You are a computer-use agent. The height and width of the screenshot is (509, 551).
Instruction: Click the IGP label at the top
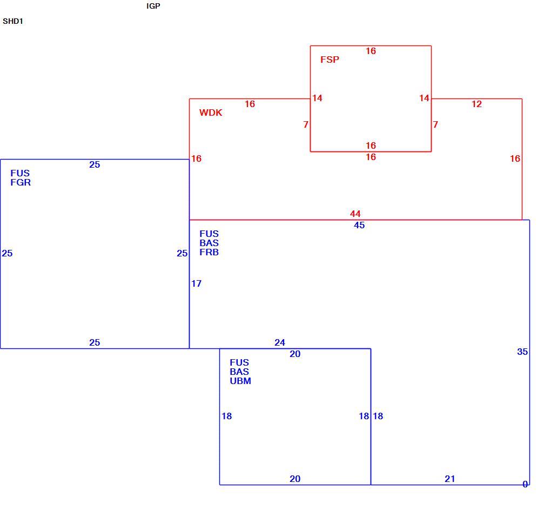click(x=153, y=6)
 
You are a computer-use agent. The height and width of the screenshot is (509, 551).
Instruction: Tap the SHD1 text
click(x=13, y=21)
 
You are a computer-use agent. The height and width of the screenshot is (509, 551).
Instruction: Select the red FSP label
click(x=330, y=60)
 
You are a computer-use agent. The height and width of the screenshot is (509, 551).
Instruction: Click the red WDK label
click(x=211, y=113)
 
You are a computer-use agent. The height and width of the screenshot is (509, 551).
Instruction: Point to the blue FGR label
click(x=21, y=182)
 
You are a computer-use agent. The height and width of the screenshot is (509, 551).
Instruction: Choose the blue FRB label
click(x=209, y=252)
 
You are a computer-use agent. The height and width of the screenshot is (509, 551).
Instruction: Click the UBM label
click(x=240, y=381)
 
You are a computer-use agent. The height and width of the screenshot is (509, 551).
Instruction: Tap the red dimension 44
click(x=355, y=214)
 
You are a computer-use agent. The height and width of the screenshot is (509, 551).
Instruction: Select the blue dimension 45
click(x=359, y=225)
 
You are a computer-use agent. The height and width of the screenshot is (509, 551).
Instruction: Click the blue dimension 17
click(x=197, y=283)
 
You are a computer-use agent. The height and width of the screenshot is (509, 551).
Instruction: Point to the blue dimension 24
click(x=280, y=342)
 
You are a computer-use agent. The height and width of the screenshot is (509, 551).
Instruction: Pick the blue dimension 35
click(x=522, y=352)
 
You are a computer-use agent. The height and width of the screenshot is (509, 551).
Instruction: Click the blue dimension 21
click(x=450, y=479)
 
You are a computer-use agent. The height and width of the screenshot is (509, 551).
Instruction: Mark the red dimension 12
click(x=476, y=104)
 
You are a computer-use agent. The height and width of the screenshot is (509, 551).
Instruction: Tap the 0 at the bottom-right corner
click(x=525, y=484)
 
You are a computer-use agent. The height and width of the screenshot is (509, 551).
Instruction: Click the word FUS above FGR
click(x=20, y=173)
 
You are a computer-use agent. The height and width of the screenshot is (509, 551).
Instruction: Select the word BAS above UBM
click(x=239, y=372)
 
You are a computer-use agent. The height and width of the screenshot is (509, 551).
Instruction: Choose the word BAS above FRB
click(x=209, y=243)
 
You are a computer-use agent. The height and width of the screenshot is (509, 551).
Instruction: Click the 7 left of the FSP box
click(x=306, y=124)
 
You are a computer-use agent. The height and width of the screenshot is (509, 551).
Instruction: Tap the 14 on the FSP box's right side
click(x=425, y=98)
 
